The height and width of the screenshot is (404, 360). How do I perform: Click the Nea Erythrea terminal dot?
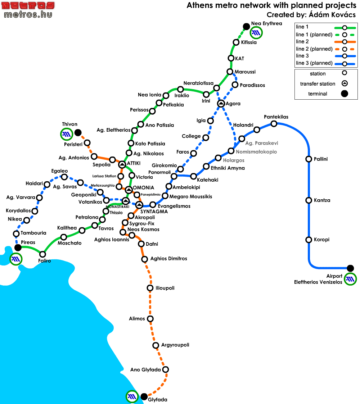[246, 26]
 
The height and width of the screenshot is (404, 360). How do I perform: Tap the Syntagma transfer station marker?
[139, 205]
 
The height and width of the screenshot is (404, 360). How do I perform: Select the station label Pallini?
[320, 159]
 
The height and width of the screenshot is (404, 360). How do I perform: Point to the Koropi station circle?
[309, 240]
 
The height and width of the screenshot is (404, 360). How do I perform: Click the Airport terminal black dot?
[350, 268]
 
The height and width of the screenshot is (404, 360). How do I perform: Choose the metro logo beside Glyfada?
[132, 396]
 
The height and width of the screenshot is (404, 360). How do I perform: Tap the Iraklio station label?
[182, 95]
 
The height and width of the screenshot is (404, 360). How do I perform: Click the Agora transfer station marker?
[221, 104]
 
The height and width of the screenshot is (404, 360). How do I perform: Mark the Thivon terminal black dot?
[78, 133]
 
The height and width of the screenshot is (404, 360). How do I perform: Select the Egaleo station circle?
[64, 177]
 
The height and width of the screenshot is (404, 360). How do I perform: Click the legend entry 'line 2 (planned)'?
[314, 49]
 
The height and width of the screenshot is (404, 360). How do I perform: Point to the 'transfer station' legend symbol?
[345, 83]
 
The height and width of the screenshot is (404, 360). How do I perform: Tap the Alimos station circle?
[150, 319]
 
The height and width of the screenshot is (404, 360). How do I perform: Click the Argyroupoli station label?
[175, 345]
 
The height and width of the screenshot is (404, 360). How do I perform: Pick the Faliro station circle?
[42, 254]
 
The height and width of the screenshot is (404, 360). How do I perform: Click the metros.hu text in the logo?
[28, 14]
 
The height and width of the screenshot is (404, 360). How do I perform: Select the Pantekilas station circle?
[274, 124]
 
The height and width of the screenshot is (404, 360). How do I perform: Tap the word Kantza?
[322, 200]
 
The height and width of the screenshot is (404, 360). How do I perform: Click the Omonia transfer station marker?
[129, 190]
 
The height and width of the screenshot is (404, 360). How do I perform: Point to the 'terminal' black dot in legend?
[345, 94]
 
